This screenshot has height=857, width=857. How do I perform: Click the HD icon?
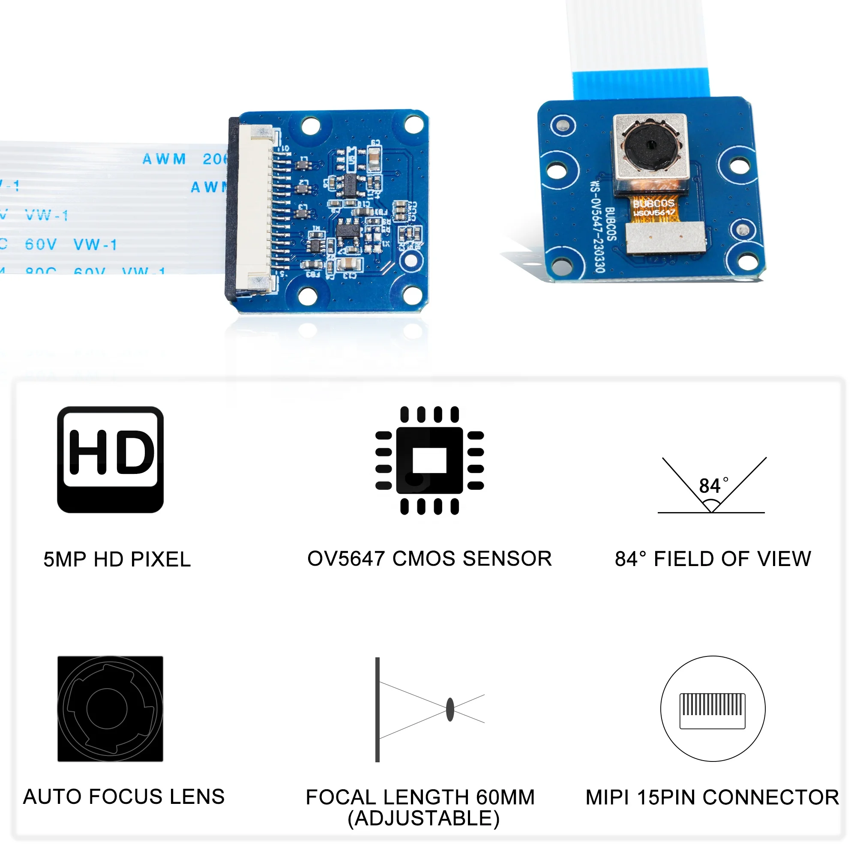[x=111, y=459]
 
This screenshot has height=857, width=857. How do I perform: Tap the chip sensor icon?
[x=429, y=461]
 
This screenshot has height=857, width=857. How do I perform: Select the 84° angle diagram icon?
[x=712, y=486]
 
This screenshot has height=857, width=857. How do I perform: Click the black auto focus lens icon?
[x=111, y=708]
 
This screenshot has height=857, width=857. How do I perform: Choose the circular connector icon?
[x=713, y=708]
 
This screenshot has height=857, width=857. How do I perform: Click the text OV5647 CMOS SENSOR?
[x=429, y=558]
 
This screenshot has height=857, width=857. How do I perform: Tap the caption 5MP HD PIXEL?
[x=117, y=559]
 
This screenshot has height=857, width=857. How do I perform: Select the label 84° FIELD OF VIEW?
[x=713, y=559]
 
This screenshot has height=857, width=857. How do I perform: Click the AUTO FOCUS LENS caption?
[x=124, y=797]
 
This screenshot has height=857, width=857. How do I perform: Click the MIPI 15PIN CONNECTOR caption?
[x=712, y=797]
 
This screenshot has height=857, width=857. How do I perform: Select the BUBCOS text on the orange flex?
[x=653, y=204]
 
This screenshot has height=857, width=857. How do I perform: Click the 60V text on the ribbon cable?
[x=41, y=244]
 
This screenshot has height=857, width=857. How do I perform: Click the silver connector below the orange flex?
[x=665, y=238]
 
